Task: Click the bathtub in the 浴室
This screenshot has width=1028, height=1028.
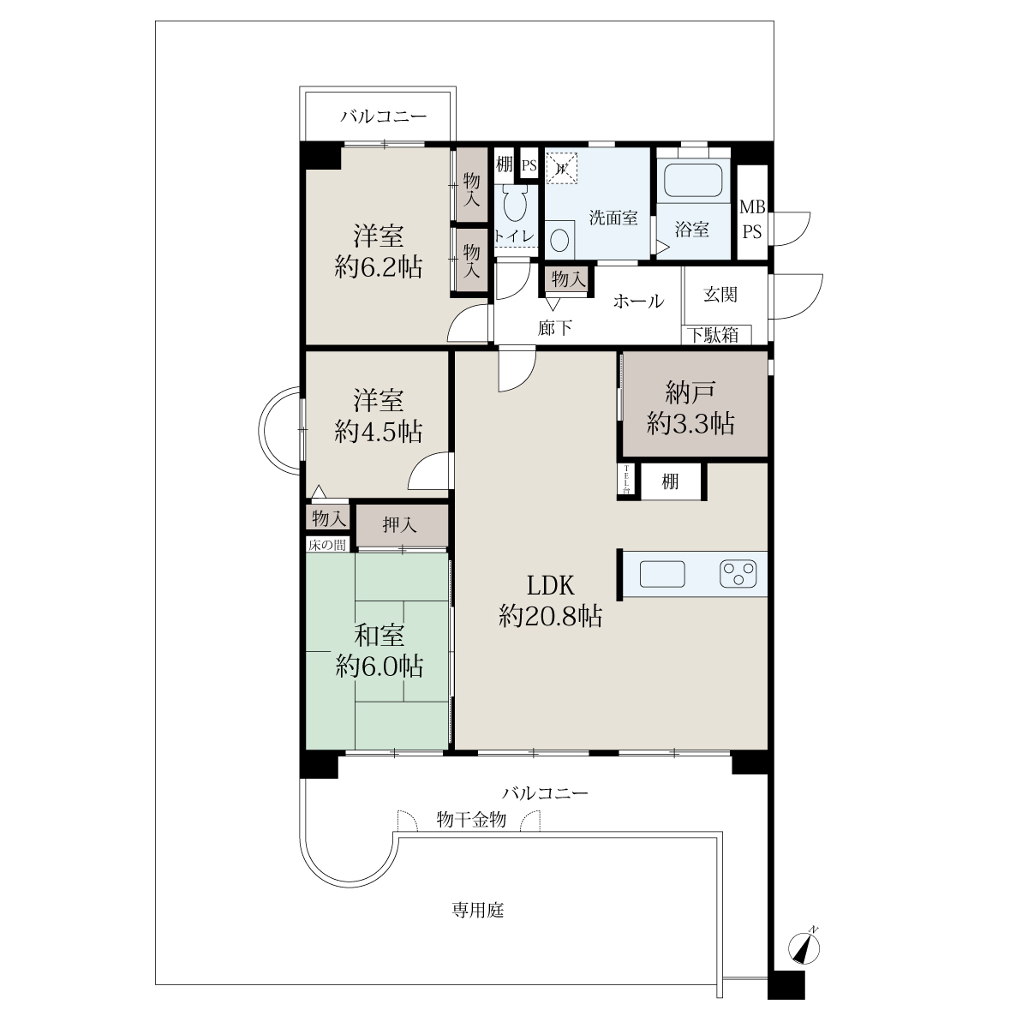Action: (x=693, y=180)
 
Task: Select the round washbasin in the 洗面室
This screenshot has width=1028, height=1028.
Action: (x=559, y=240)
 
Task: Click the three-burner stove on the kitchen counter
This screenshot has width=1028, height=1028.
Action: (x=738, y=574)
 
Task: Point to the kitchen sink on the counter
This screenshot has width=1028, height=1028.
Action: (x=662, y=574)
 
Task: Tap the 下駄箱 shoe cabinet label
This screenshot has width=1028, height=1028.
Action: (x=714, y=335)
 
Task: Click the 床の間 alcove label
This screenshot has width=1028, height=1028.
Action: (x=327, y=545)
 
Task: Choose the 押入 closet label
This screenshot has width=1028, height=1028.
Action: (x=399, y=525)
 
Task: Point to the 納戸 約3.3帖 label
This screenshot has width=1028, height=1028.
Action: (x=690, y=408)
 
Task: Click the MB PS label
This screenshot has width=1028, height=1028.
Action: (x=752, y=219)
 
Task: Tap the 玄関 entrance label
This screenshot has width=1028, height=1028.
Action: (x=720, y=295)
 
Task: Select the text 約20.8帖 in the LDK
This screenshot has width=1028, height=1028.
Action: (x=551, y=616)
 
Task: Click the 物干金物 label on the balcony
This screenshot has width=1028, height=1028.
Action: (x=471, y=819)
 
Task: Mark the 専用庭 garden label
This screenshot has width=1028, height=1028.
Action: (x=478, y=910)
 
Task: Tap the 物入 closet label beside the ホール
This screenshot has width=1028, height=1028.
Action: (x=569, y=278)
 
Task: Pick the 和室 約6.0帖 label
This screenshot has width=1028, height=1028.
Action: (x=380, y=651)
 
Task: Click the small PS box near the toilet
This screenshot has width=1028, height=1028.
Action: (x=529, y=165)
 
